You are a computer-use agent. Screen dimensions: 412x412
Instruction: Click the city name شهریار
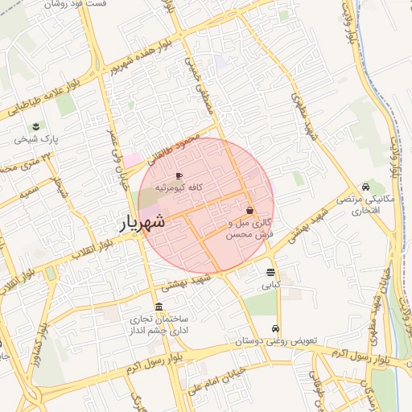[x=142, y=222]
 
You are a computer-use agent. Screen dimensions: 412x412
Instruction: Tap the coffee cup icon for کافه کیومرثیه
[x=179, y=175]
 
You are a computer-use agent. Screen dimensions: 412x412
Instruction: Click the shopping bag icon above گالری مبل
[x=250, y=210]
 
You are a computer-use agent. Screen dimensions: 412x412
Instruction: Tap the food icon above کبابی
[x=270, y=272]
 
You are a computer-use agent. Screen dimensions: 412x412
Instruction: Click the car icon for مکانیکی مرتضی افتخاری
[x=366, y=187]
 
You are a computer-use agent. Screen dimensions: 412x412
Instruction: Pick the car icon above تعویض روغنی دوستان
[x=275, y=328]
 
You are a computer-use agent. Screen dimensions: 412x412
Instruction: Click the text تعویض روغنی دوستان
[x=277, y=341]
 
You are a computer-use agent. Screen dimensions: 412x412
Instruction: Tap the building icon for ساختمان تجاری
[x=159, y=307]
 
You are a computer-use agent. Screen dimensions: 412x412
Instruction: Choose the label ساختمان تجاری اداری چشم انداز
[x=159, y=325]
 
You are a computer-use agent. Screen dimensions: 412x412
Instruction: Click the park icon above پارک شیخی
[x=36, y=126]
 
